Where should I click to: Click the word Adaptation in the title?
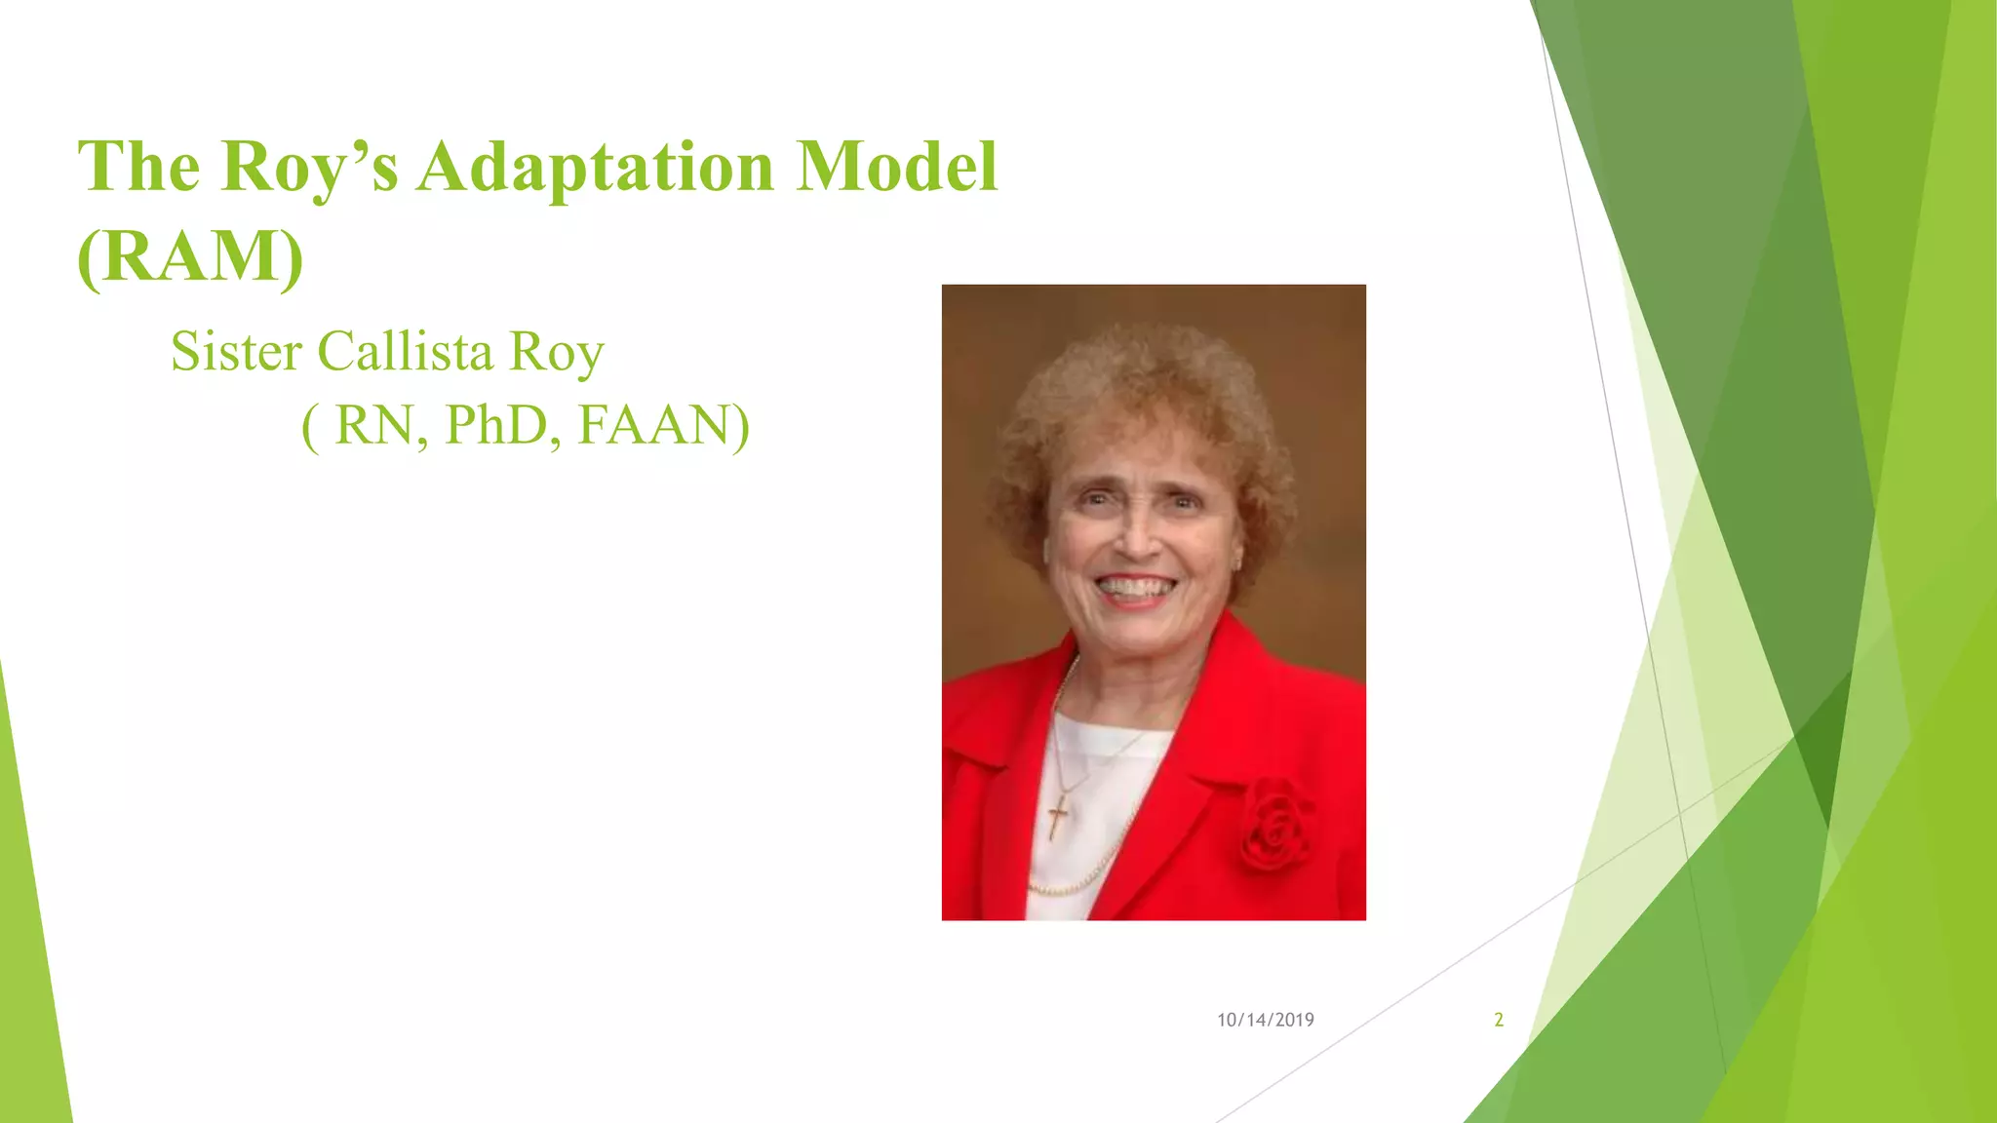(x=595, y=168)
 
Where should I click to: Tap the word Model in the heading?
(x=897, y=166)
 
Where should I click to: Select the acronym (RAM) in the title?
(x=190, y=255)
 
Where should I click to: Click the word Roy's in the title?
(x=309, y=168)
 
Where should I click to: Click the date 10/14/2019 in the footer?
(x=1265, y=1020)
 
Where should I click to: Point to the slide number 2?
(x=1499, y=1020)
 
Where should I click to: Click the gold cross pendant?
(x=1058, y=815)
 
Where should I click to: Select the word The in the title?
(x=139, y=168)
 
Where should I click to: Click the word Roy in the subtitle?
(x=557, y=353)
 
